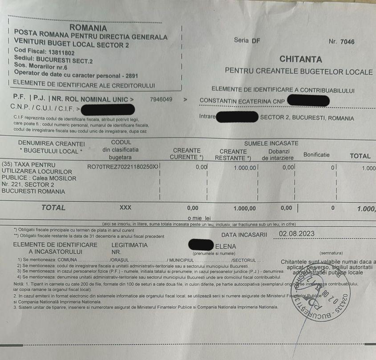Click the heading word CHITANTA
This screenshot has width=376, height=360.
300,59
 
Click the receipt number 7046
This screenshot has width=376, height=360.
347,42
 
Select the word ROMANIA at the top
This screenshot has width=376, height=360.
88,28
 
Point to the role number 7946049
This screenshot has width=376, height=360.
161,99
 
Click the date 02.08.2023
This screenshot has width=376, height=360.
297,234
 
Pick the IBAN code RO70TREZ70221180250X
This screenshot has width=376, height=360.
122,166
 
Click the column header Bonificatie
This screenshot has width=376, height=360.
316,155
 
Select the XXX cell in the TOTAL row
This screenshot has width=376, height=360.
126,208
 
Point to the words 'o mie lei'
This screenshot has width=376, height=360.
199,218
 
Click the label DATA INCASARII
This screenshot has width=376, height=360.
244,235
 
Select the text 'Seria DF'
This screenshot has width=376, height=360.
247,40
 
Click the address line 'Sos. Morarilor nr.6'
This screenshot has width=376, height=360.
40,67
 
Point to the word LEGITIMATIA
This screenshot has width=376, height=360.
129,245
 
